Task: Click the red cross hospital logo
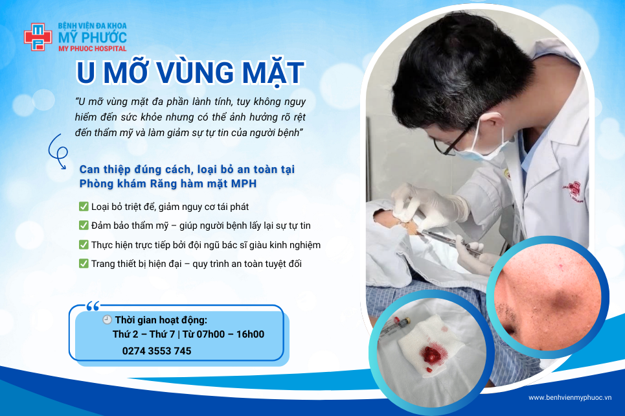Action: tap(38, 37)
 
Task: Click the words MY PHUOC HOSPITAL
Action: tap(93, 49)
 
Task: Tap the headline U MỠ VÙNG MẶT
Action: tap(190, 73)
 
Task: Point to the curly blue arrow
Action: tap(58, 152)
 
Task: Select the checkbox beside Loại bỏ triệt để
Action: tap(84, 206)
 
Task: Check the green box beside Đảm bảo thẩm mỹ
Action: tap(84, 225)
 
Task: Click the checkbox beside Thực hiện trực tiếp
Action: tap(84, 244)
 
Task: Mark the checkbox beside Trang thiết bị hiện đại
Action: tap(84, 263)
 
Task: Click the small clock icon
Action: tap(108, 319)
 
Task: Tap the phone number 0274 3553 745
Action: tap(157, 351)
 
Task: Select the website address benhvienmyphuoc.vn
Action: tap(570, 398)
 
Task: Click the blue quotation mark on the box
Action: tap(93, 306)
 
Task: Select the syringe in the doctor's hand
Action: tap(449, 241)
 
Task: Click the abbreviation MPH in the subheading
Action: tap(244, 184)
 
